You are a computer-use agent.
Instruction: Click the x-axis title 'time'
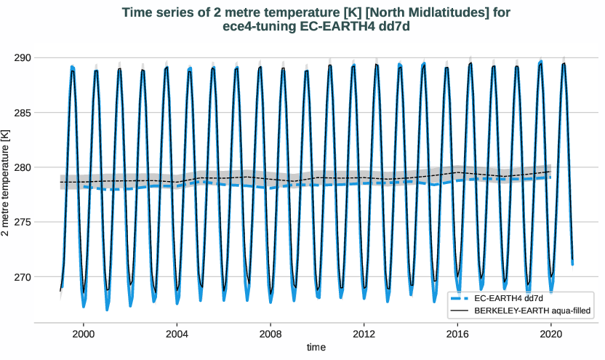point(316,348)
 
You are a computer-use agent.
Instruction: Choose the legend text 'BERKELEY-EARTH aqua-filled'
point(531,311)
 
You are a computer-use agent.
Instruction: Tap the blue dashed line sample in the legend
point(460,298)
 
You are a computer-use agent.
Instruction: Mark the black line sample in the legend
point(460,311)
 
